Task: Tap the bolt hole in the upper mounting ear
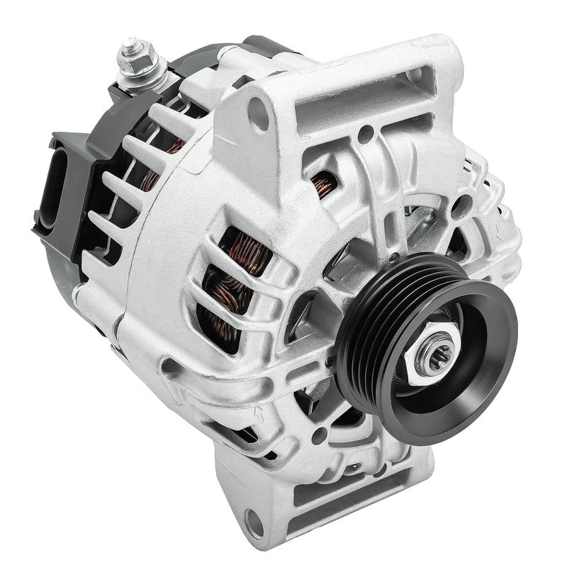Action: [258, 113]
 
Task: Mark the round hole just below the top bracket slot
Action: [366, 132]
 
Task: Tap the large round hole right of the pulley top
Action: [461, 206]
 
